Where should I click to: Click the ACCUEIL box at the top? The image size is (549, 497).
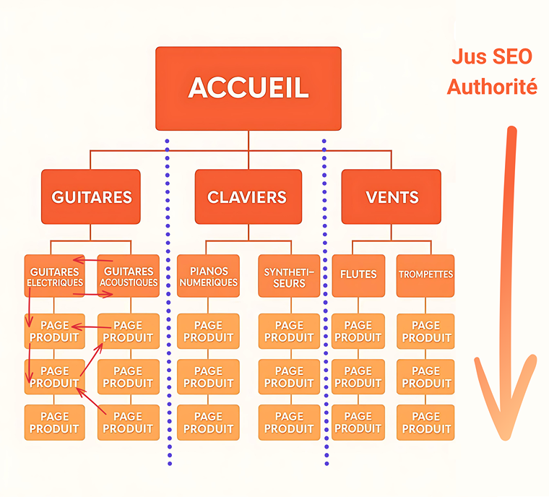[248, 88]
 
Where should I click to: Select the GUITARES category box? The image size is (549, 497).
[91, 196]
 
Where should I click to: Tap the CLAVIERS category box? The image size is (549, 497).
[248, 196]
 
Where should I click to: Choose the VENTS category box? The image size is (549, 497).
[392, 196]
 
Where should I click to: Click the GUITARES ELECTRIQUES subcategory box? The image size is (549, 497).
[55, 276]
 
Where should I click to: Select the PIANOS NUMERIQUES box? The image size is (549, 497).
[208, 276]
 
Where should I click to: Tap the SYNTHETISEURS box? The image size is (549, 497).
[289, 276]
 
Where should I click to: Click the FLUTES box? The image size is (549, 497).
[358, 275]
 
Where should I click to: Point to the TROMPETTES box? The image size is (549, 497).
[425, 275]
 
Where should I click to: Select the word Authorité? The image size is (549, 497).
[492, 87]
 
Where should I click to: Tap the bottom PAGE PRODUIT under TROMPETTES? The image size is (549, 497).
[425, 423]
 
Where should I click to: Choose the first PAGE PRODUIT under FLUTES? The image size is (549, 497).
[358, 332]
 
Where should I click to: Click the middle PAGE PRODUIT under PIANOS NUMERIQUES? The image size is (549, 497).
[208, 377]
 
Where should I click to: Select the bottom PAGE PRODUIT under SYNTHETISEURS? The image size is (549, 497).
[289, 423]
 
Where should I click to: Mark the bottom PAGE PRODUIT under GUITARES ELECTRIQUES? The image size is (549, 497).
[55, 423]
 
